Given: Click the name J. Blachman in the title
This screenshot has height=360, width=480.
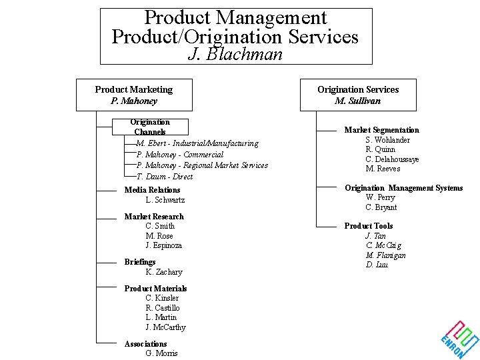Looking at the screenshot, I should pos(235,54).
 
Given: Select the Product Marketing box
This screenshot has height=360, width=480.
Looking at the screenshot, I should pos(134,95).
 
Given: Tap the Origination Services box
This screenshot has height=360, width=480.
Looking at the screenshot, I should pos(358,95).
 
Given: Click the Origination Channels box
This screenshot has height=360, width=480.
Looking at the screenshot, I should pos(150,127).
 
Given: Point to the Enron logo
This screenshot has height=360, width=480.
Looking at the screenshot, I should pos(460,338).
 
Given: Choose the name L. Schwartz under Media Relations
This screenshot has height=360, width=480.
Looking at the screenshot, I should pos(165,200).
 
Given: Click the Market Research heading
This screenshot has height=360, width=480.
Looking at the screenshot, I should pos(154,217).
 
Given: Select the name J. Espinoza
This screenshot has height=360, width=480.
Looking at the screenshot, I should pos(164,245).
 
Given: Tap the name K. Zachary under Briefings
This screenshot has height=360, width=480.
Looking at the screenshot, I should pos(164,272).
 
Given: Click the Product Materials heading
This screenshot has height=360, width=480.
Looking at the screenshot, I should pos(155,289).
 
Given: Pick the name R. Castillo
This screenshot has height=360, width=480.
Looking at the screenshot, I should pos(163,308).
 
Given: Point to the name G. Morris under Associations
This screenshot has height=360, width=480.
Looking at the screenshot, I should pos(162,353).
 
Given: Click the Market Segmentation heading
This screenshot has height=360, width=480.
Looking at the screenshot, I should pos(382,130).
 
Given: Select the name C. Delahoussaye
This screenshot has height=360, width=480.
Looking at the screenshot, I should pos(392,159).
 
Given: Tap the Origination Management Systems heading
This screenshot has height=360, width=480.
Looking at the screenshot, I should pos(403,188).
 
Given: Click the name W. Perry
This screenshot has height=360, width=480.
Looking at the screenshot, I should pos(380,197).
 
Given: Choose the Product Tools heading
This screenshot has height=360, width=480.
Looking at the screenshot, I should pos(369,226).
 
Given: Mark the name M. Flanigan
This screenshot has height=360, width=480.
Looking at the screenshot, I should pos(385,255).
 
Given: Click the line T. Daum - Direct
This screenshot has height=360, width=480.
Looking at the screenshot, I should pos(165,177).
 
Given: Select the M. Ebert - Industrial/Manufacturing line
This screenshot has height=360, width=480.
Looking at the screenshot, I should pos(197,143).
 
